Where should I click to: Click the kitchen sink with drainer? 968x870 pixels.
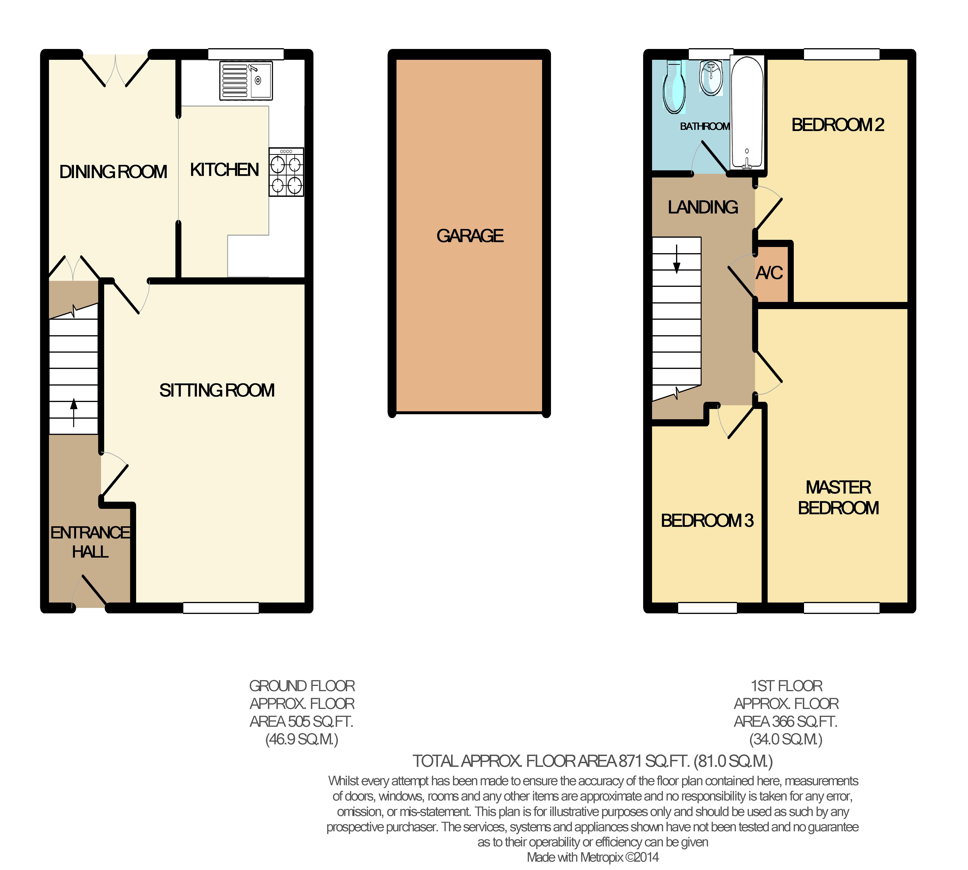(x=246, y=80)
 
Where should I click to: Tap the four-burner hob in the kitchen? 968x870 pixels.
(x=286, y=172)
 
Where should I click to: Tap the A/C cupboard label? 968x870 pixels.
(x=769, y=273)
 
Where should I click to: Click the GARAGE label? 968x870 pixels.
(x=470, y=236)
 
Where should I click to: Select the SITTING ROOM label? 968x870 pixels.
(x=217, y=391)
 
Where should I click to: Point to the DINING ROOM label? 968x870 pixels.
(x=113, y=172)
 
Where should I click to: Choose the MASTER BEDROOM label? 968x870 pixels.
(x=838, y=498)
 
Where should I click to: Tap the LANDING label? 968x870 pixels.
(x=703, y=207)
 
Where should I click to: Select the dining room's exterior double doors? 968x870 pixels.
(x=115, y=71)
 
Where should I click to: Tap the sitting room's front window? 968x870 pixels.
(x=221, y=608)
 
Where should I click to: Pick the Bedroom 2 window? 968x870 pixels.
(x=841, y=54)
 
